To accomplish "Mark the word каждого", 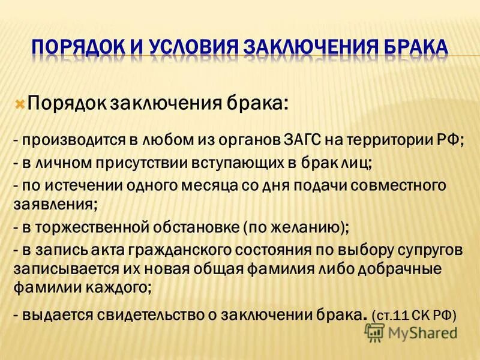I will point(117,287).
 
